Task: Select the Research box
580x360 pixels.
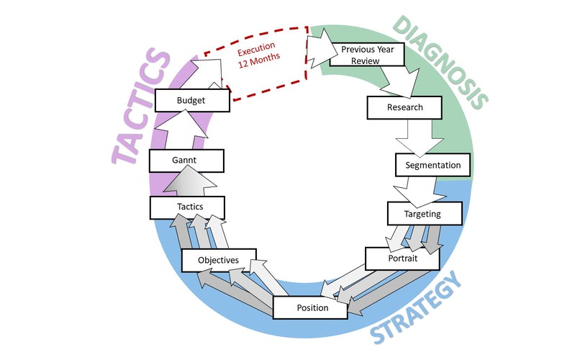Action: pos(404,108)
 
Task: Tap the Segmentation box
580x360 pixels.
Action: pos(432,165)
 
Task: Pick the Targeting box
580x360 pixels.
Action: pos(424,214)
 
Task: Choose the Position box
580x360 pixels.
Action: pos(312,307)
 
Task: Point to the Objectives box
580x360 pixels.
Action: pos(219,259)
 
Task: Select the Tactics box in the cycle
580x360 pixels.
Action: pos(186,207)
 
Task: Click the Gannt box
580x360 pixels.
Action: pos(186,160)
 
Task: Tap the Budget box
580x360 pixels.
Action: pos(191,101)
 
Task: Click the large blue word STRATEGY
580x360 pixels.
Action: pos(417,310)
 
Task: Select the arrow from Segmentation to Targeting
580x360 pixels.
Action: pos(414,191)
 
